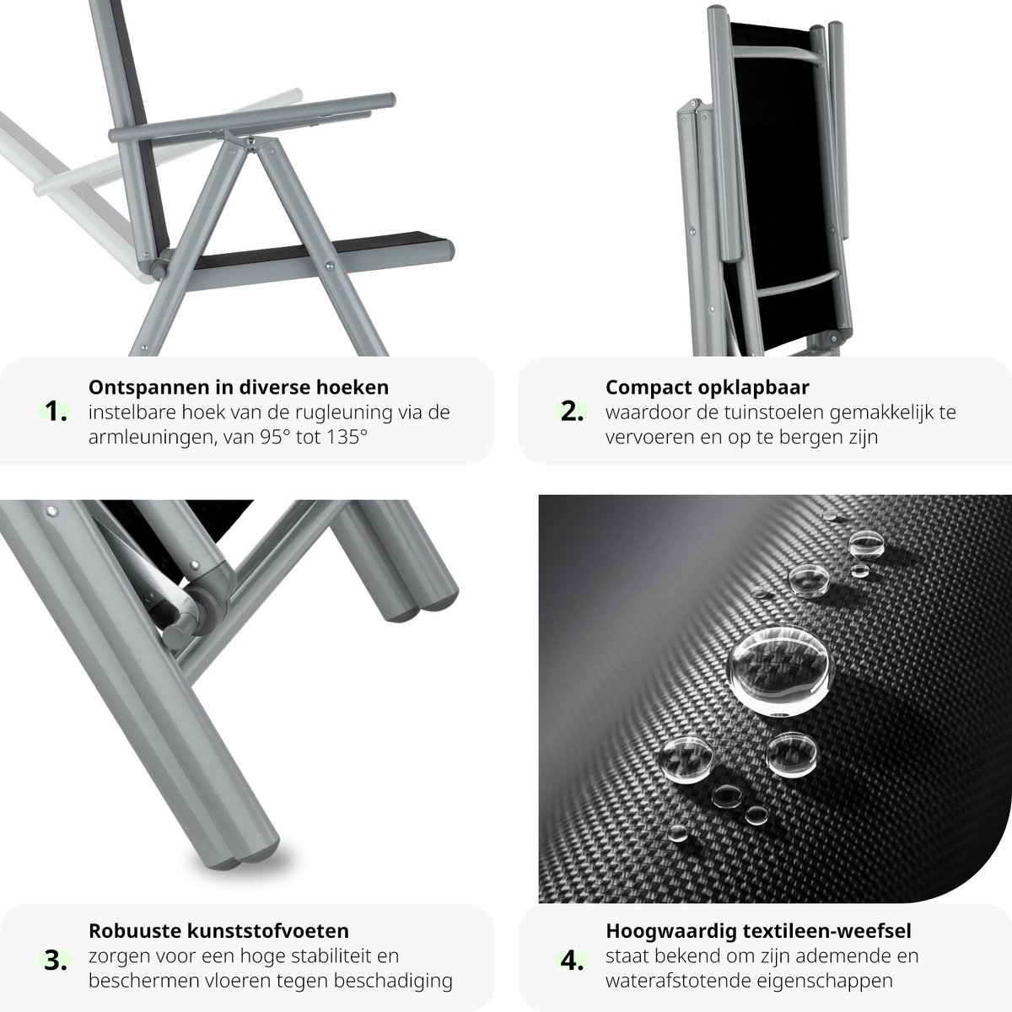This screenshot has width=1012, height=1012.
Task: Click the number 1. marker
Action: point(56,412)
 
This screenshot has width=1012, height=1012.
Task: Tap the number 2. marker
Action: point(572,412)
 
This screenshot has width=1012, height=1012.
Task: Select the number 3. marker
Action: point(56,961)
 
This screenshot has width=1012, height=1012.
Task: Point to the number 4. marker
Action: point(572,961)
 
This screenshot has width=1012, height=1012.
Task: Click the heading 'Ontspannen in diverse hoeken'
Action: point(239,387)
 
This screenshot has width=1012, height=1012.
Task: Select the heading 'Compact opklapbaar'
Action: point(707,388)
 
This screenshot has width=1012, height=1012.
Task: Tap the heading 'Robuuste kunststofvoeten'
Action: point(218,930)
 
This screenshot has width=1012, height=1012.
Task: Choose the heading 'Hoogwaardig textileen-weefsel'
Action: point(758,931)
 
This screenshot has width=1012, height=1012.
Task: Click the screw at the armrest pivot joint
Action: point(252,142)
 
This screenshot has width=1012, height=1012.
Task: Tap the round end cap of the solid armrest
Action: point(390,100)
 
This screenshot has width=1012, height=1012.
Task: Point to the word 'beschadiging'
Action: point(393,981)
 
